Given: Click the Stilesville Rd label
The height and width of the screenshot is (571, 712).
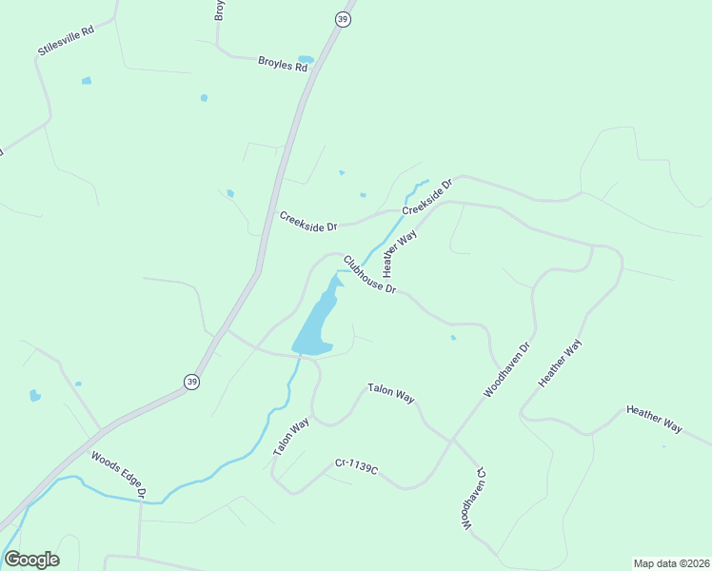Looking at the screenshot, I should [67, 39].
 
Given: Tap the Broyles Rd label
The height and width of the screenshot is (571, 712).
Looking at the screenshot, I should [283, 65].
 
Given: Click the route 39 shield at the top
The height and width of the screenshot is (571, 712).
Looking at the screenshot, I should [343, 19].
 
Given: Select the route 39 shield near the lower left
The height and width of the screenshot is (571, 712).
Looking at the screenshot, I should [192, 381].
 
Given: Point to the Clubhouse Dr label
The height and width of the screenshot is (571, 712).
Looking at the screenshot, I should [369, 275].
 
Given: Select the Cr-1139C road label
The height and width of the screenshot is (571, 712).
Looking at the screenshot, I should [356, 466].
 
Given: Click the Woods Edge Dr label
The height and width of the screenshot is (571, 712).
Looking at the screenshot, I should [118, 474].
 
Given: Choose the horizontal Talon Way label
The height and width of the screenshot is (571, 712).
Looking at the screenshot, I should [390, 393].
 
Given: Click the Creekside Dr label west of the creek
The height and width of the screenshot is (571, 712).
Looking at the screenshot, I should [308, 222].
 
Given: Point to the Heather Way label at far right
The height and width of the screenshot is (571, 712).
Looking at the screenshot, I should [654, 420].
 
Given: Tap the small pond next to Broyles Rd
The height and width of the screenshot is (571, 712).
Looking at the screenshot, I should [306, 59].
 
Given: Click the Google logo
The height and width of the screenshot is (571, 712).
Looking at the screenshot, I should [31, 560].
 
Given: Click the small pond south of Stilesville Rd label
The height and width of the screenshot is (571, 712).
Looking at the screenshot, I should [87, 81].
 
